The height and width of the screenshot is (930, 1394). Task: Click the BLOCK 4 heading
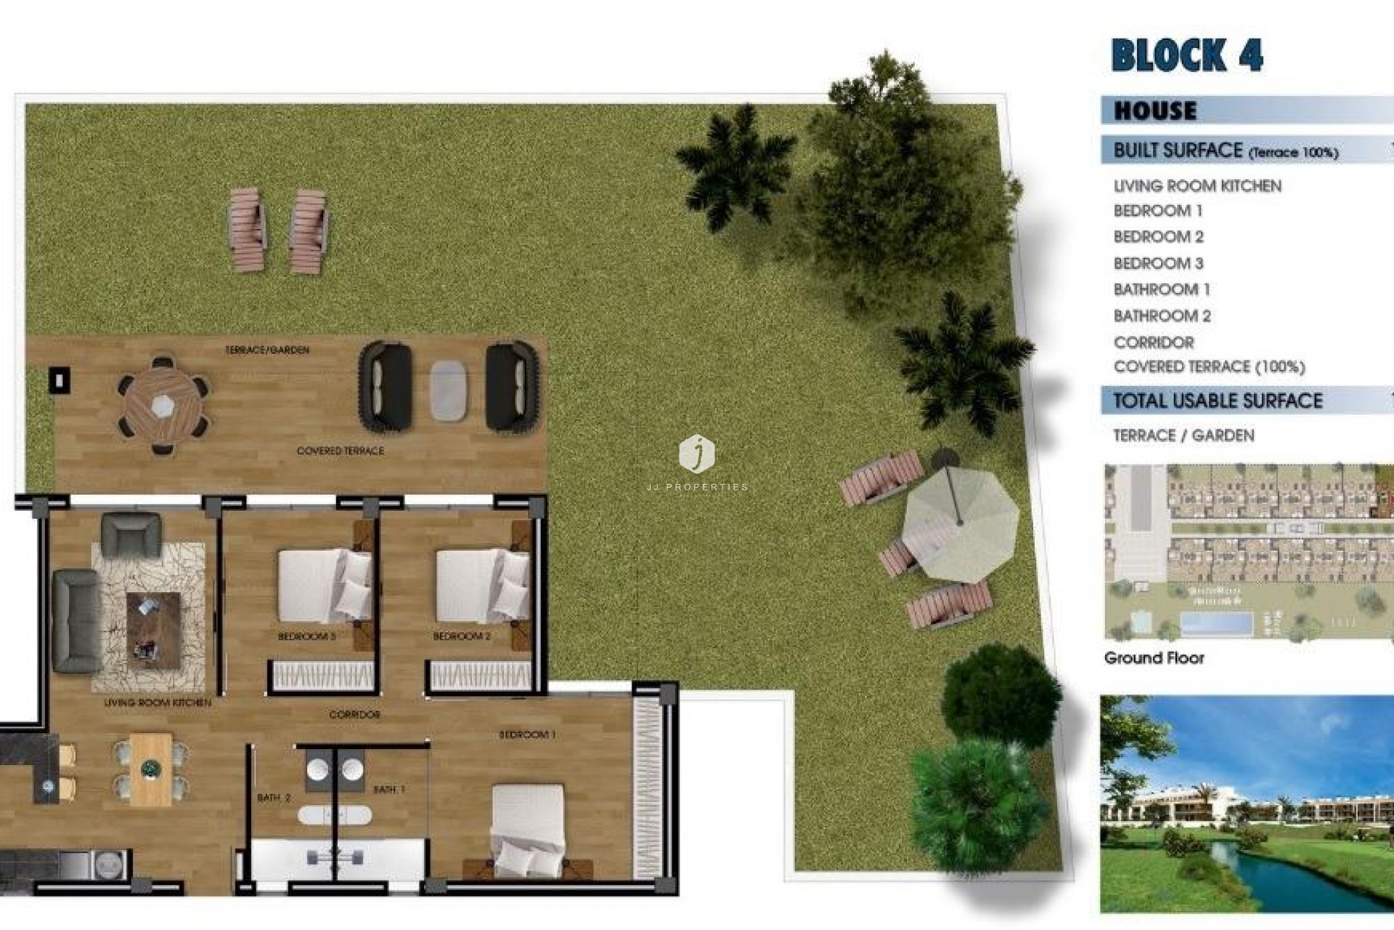point(1186,55)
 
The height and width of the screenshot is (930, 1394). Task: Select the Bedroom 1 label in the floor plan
point(526,735)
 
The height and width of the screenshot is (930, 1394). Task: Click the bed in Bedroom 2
point(482,585)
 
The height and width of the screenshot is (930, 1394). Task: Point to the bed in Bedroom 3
point(325,585)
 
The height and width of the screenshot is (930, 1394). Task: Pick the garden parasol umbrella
point(960,522)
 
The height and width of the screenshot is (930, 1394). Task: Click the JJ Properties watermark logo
point(696,455)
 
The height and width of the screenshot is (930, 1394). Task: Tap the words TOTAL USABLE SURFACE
point(1218,400)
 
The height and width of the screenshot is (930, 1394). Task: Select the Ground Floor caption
point(1154,658)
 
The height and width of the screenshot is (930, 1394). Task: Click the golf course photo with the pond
point(1246,804)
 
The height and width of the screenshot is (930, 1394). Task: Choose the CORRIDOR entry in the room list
point(1153,342)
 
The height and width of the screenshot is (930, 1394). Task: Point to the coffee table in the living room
point(153,629)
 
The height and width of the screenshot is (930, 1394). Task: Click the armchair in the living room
point(131,535)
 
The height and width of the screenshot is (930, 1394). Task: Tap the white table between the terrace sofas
point(449,389)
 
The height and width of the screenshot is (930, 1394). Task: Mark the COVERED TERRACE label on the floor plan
point(340,451)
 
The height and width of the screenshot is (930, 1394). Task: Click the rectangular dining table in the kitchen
point(151,769)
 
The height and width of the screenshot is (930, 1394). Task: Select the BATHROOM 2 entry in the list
point(1162,316)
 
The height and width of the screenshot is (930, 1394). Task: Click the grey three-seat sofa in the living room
point(76,620)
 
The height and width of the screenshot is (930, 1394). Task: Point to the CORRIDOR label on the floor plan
point(354,715)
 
